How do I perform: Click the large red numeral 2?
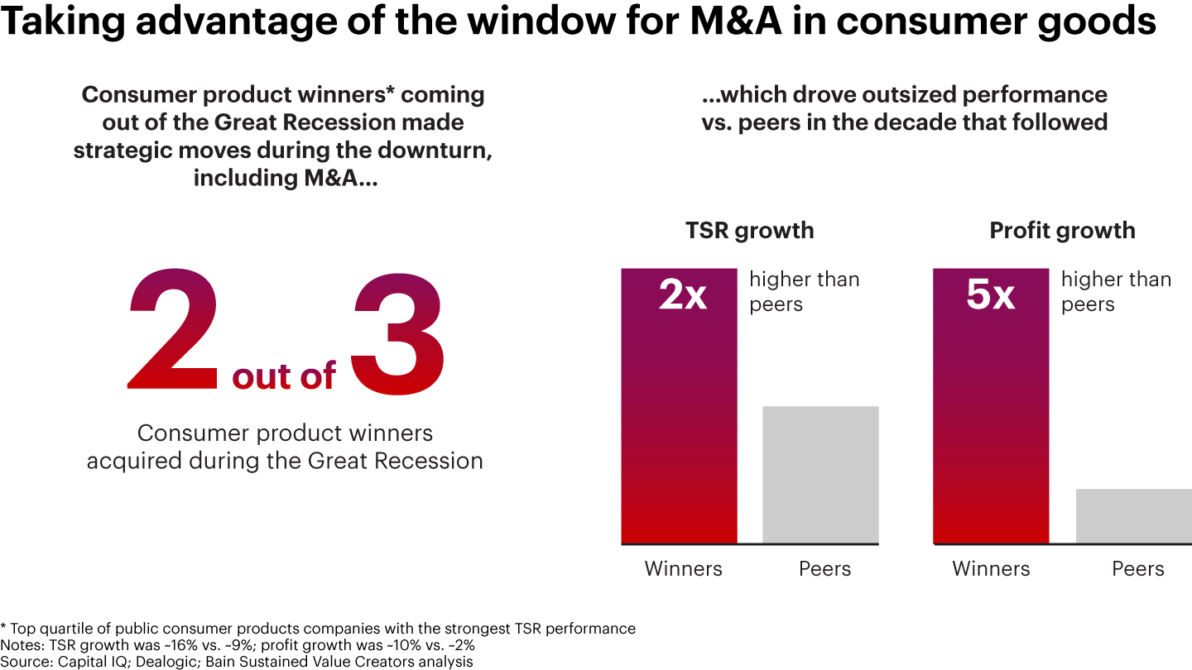pyautogui.click(x=174, y=331)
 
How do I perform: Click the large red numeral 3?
pyautogui.click(x=398, y=331)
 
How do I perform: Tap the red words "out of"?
pyautogui.click(x=284, y=376)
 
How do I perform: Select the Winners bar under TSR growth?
pyautogui.click(x=679, y=414)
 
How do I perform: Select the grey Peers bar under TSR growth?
pyautogui.click(x=820, y=475)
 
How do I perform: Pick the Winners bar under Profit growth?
pyautogui.click(x=991, y=414)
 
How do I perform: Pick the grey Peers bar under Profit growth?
pyautogui.click(x=1133, y=516)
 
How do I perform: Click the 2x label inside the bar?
pyautogui.click(x=683, y=295)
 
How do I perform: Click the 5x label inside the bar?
pyautogui.click(x=991, y=295)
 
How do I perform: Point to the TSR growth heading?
pyautogui.click(x=749, y=230)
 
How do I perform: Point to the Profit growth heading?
pyautogui.click(x=1062, y=230)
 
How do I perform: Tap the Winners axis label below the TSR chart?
pyautogui.click(x=683, y=569)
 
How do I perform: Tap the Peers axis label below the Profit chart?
pyautogui.click(x=1137, y=569)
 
